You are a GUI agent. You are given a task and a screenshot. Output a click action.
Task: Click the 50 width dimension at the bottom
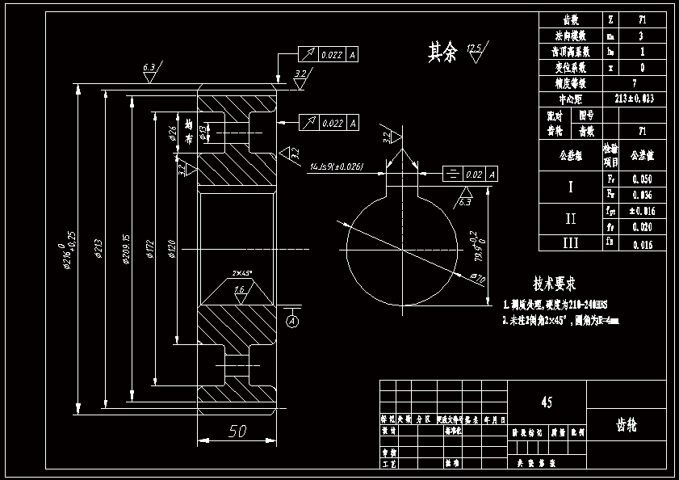point(237,432)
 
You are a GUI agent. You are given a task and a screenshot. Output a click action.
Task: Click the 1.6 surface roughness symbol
point(240,291)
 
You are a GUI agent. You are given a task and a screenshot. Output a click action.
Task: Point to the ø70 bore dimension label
point(477,279)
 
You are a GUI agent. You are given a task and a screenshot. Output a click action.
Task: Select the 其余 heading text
point(442,53)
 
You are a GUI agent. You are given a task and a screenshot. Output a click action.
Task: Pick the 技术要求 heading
point(554,284)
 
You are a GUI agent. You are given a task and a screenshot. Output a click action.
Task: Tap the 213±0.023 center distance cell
point(635,99)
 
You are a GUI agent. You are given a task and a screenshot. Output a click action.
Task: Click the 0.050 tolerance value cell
point(643,179)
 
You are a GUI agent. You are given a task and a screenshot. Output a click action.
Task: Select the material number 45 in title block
point(547,402)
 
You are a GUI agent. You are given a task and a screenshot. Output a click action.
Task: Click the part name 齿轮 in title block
point(627,424)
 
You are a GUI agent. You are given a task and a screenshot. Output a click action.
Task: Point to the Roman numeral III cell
point(570,242)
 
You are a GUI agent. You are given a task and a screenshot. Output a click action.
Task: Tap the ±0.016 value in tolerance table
point(643,211)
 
